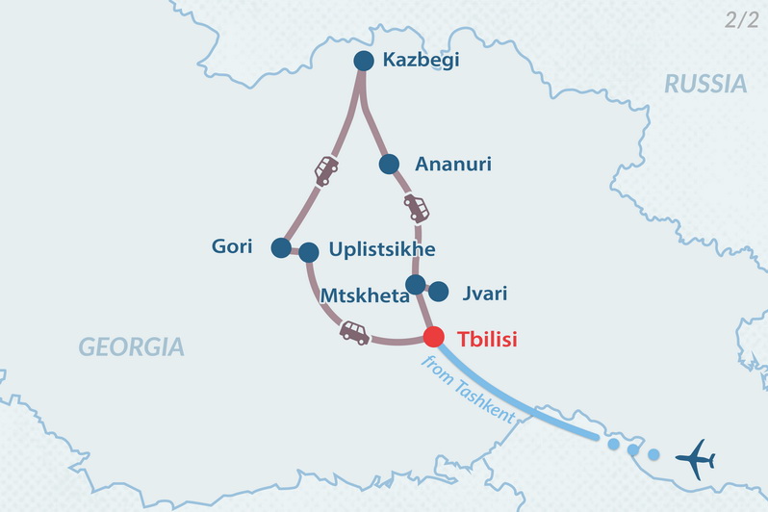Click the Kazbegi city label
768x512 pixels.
[421, 61]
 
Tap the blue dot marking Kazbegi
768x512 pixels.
[363, 61]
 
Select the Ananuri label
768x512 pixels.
[452, 165]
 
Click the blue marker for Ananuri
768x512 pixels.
[389, 165]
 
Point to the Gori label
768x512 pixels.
[232, 247]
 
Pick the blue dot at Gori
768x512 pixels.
[280, 248]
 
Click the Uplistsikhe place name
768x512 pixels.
[382, 250]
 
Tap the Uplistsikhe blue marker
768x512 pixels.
[309, 252]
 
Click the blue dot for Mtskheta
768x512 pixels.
[415, 284]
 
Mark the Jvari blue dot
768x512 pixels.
[438, 291]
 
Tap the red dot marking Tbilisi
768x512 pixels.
[433, 337]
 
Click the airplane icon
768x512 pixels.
[695, 458]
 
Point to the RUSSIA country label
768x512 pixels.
[705, 85]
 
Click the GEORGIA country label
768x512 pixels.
[131, 346]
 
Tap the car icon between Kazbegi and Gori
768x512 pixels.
[326, 170]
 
